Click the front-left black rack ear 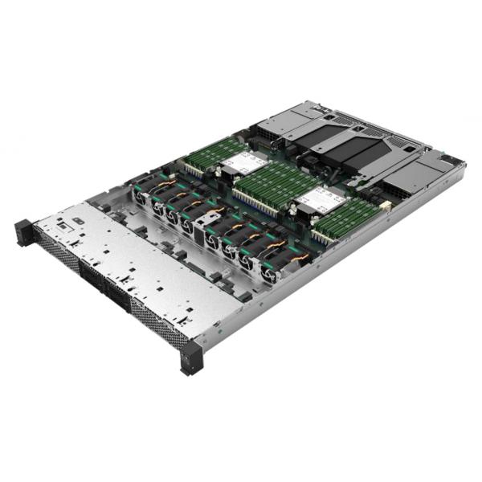click(x=23, y=231)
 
